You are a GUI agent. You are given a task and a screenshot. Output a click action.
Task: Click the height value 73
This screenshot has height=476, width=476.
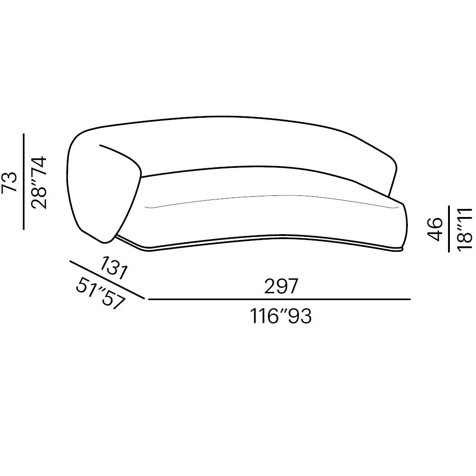tap(10, 181)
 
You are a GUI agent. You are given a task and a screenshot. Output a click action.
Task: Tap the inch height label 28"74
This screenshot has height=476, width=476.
tap(39, 183)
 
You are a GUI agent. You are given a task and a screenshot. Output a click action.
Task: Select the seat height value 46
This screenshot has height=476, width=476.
tap(434, 229)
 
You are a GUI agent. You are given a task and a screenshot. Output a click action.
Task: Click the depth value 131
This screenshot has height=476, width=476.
tap(114, 268)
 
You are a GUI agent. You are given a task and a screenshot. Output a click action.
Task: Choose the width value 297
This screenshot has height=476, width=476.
tap(281, 286)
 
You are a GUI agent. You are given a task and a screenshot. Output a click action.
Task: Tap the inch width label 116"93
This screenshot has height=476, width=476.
tap(281, 316)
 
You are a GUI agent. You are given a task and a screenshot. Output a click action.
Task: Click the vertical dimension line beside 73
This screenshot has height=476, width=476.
tap(23, 181)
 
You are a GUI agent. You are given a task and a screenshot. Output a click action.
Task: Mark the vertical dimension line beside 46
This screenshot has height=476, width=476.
tap(448, 229)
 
